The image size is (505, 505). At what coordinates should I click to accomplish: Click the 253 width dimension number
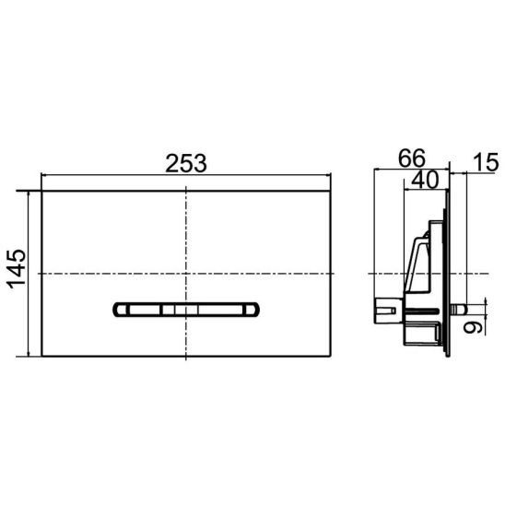[x=186, y=163]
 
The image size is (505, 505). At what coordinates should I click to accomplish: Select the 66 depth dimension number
[x=412, y=159]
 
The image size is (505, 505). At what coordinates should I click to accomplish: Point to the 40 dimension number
[x=425, y=180]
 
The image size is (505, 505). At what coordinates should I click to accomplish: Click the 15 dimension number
[x=487, y=162]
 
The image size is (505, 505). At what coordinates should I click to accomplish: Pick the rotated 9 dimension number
[x=473, y=327]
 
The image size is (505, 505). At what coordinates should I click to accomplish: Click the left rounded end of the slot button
[x=121, y=310]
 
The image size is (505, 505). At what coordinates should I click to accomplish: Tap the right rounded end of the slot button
[x=252, y=310]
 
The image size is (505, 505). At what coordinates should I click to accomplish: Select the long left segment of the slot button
[x=145, y=310]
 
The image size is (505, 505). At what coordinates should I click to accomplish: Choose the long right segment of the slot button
[x=220, y=310]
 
